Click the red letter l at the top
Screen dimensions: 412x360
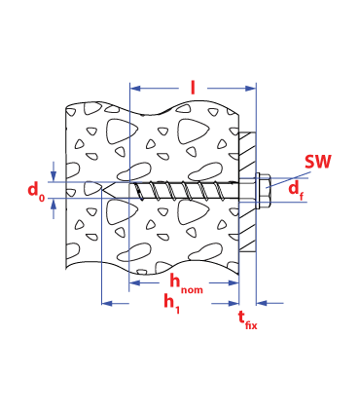[x=193, y=89]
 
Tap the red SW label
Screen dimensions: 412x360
[x=317, y=163]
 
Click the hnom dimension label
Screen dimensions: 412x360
[x=186, y=283]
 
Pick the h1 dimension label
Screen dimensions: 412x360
[x=172, y=304]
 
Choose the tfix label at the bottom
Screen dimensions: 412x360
[x=248, y=319]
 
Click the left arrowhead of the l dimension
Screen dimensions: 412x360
[x=135, y=89]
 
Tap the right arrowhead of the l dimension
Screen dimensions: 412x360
[x=250, y=89]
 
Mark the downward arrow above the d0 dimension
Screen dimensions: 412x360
[x=53, y=175]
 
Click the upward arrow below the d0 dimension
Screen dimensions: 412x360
[x=53, y=205]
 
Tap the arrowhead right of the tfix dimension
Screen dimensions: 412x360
[x=263, y=304]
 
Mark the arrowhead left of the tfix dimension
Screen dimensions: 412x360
[x=234, y=304]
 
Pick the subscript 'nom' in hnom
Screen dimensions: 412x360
[x=193, y=288]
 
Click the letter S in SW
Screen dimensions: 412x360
[x=310, y=163]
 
